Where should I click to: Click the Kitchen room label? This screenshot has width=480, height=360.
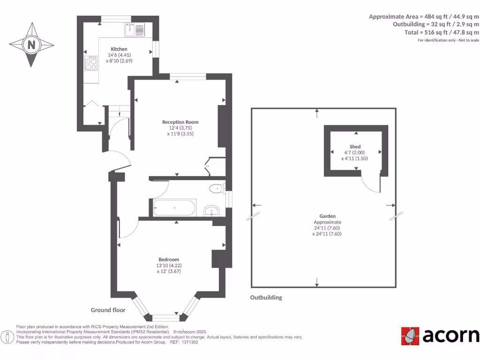[119, 49]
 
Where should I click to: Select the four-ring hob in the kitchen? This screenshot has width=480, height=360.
[91, 63]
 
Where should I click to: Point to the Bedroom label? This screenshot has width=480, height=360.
[169, 259]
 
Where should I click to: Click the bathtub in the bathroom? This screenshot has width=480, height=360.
[174, 208]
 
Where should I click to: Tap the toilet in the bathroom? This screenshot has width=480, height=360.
[216, 189]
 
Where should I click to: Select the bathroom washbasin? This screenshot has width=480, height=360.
[212, 210]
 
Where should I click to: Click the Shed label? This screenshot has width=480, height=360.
[355, 147]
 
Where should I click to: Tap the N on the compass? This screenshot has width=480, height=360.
[31, 45]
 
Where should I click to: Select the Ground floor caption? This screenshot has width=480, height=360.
[108, 310]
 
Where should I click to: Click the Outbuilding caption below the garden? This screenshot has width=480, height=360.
[266, 298]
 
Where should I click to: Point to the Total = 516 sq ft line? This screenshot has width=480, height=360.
[442, 32]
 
